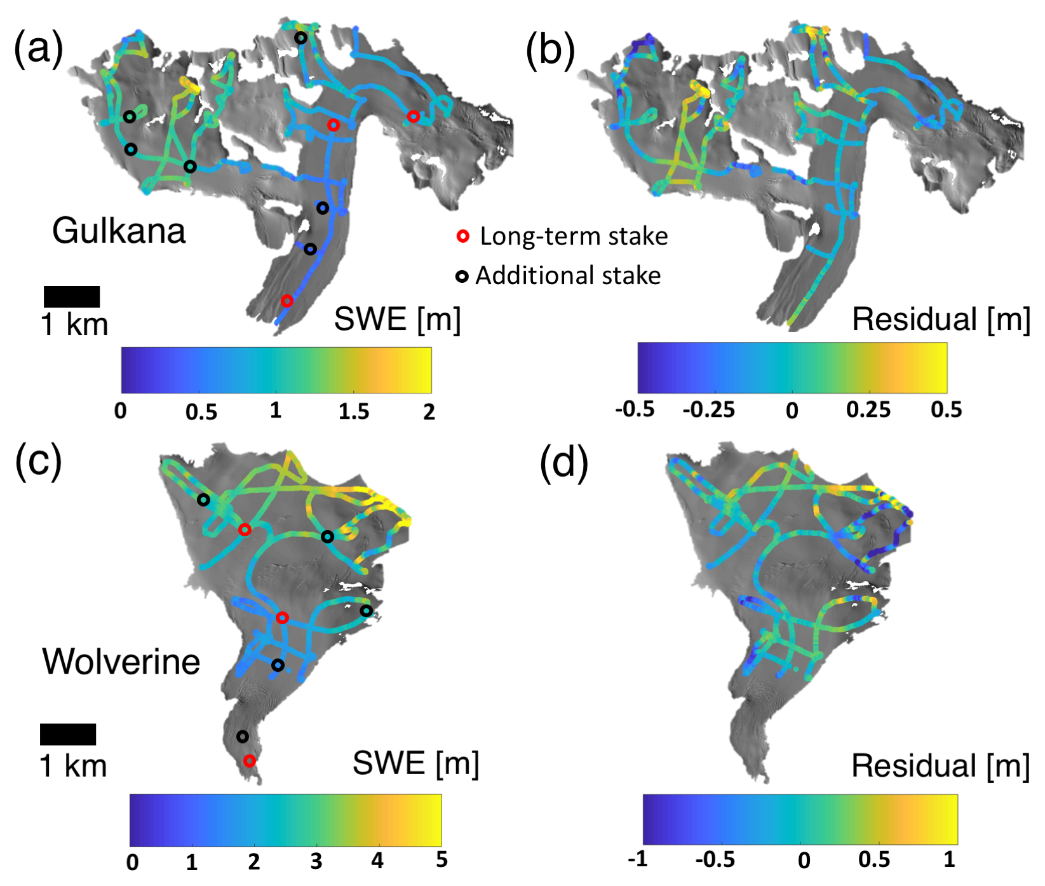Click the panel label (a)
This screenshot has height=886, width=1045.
[x=39, y=48]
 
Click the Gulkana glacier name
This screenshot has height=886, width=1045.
[x=119, y=231]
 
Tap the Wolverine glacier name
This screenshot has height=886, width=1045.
[x=121, y=662]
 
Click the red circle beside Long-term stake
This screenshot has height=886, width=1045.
[x=463, y=236]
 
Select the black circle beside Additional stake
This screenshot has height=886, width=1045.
[x=462, y=276]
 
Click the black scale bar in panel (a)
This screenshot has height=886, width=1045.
[x=72, y=297]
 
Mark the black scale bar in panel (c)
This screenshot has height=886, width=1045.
[x=68, y=734]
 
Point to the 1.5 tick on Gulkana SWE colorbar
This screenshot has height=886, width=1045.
[x=354, y=411]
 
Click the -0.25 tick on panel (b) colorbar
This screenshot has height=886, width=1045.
[x=709, y=410]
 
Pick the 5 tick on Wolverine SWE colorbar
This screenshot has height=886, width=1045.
[x=442, y=860]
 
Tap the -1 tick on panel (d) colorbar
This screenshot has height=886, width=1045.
[x=638, y=859]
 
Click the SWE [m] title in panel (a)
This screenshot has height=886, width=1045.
[x=397, y=318]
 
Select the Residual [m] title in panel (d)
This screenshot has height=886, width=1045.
[x=940, y=766]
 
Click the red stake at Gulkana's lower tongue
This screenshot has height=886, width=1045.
[x=287, y=301]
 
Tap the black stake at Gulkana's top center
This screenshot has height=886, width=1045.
[x=300, y=38]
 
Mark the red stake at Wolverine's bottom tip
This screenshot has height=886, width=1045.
[x=250, y=760]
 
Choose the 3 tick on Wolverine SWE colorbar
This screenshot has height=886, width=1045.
[x=316, y=861]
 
